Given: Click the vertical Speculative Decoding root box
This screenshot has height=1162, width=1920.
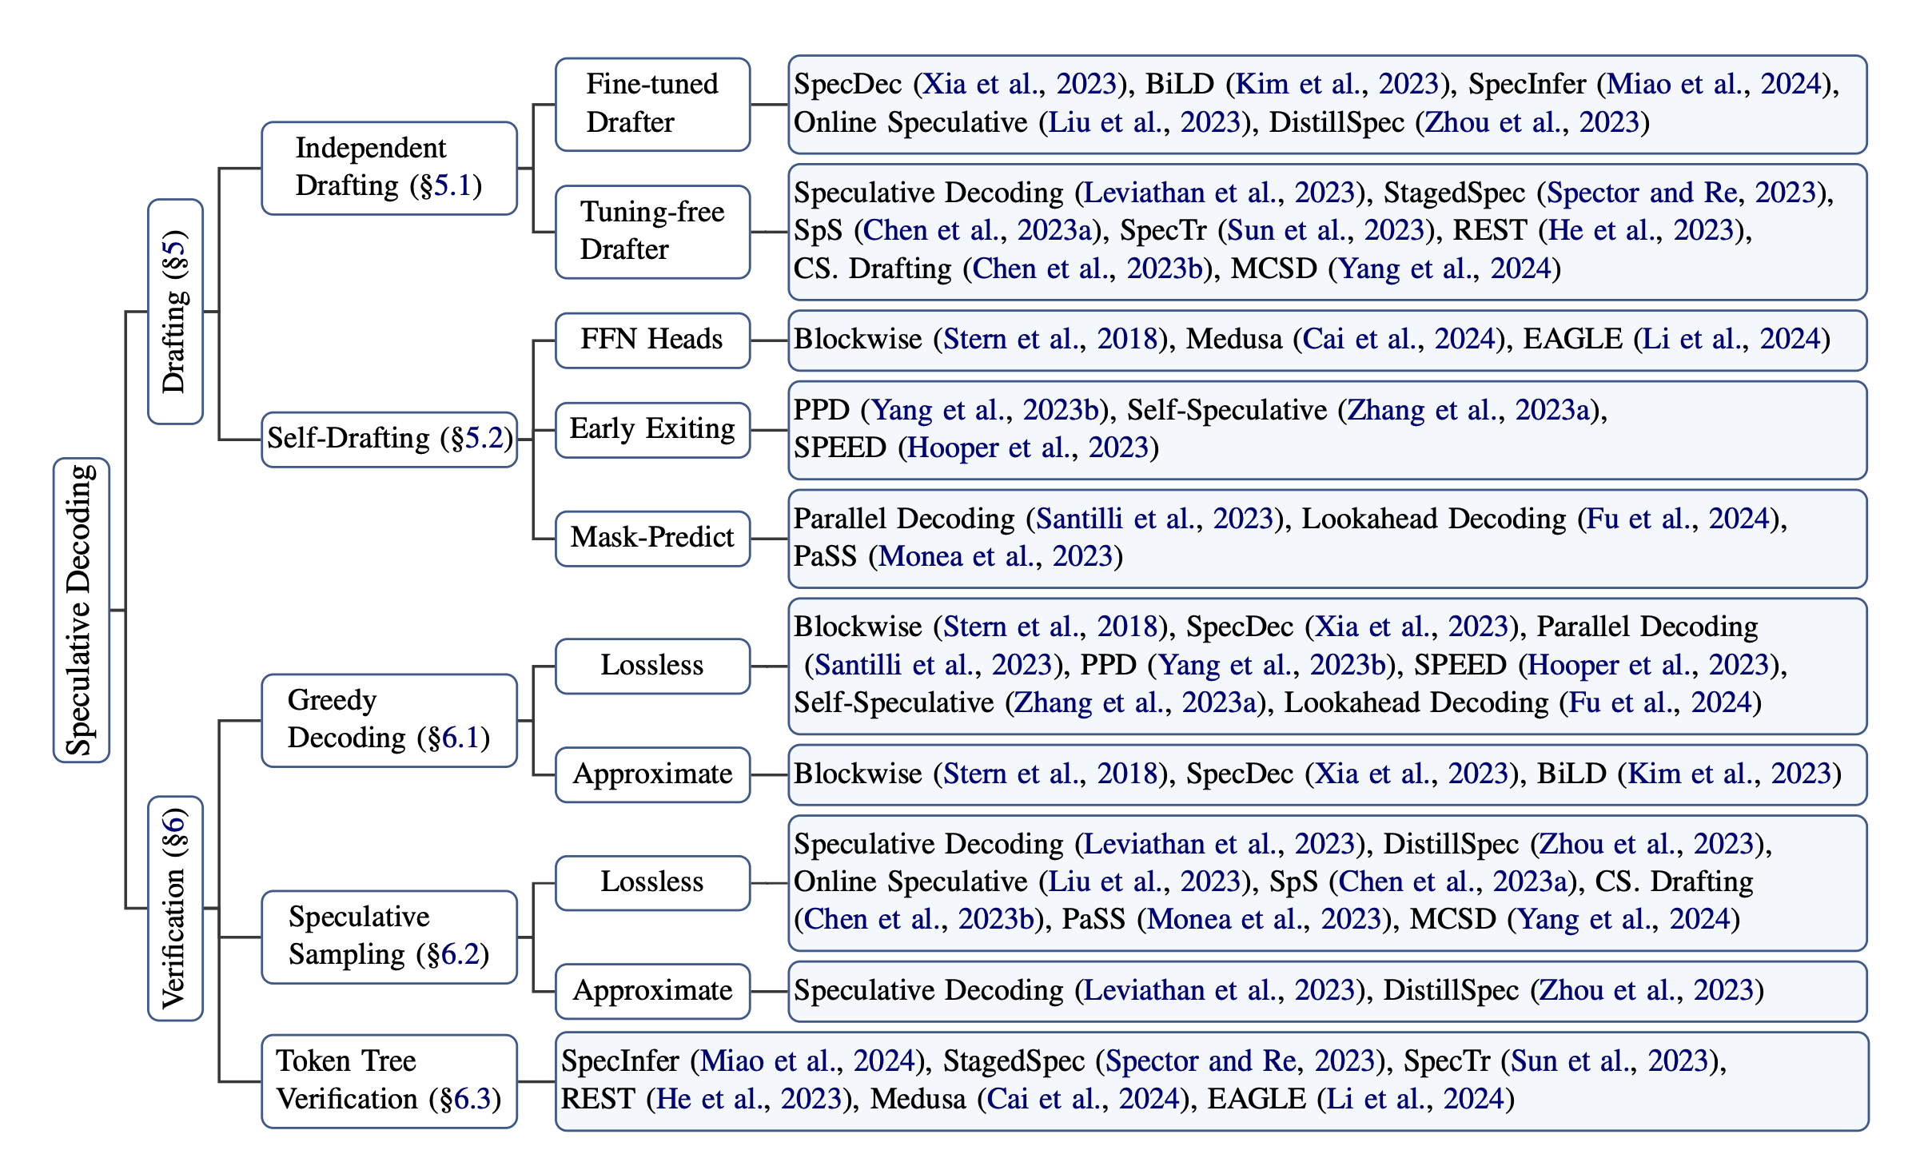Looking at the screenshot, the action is click(82, 610).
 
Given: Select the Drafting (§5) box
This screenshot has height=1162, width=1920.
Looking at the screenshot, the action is click(175, 311).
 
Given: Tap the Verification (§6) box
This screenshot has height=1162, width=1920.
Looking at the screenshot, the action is click(175, 908).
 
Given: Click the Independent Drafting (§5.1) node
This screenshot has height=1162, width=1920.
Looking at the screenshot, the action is click(389, 168).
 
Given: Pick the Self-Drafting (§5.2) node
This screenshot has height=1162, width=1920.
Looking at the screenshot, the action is click(389, 439).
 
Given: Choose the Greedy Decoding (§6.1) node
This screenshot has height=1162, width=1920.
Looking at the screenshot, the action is click(389, 720).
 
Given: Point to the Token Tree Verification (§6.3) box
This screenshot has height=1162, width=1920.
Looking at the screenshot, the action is click(389, 1081).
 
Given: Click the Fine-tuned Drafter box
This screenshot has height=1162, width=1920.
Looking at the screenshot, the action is click(652, 104).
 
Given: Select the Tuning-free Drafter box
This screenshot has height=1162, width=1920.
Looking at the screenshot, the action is click(652, 232).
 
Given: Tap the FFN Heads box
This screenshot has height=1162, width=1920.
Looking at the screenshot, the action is click(652, 340).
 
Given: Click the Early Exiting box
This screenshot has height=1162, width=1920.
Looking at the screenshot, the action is click(652, 430).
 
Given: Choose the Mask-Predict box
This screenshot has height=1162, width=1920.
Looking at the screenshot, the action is click(652, 539).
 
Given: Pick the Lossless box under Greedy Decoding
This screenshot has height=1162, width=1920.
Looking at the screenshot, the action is click(652, 666).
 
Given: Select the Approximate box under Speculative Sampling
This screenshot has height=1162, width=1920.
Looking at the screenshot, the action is click(652, 991).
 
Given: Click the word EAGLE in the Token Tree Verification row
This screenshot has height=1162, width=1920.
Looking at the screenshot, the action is click(1257, 1099).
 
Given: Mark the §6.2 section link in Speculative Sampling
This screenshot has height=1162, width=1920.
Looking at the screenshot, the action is click(459, 954).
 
